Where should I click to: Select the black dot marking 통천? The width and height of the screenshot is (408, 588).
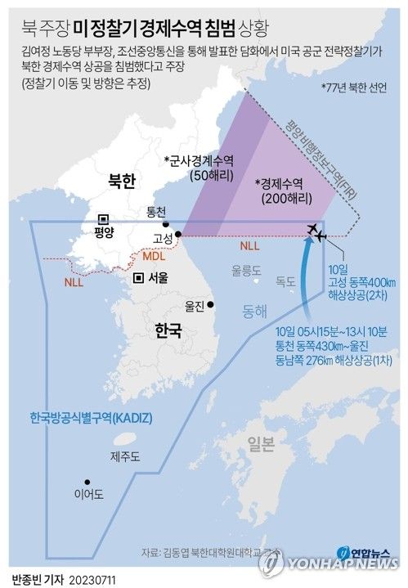166,225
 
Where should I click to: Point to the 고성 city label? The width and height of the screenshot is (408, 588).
162,239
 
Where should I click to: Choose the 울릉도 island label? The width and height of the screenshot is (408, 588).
245,268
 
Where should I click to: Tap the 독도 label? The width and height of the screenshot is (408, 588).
285,281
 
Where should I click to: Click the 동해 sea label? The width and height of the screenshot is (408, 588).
254,312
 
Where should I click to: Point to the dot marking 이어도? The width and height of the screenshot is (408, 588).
86,483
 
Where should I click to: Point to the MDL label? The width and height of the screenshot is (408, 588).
155,257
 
